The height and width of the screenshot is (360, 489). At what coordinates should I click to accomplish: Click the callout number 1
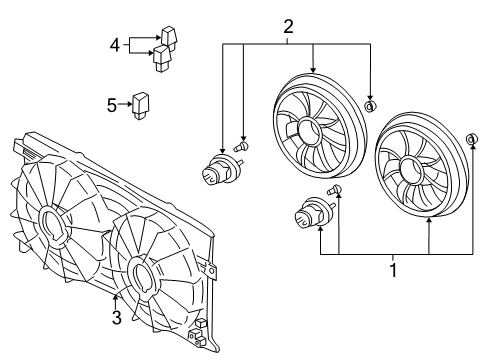[x=394, y=271]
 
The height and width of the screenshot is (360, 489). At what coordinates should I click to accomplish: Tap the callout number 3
[x=117, y=319]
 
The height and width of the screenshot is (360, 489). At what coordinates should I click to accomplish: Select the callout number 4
[x=115, y=45]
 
